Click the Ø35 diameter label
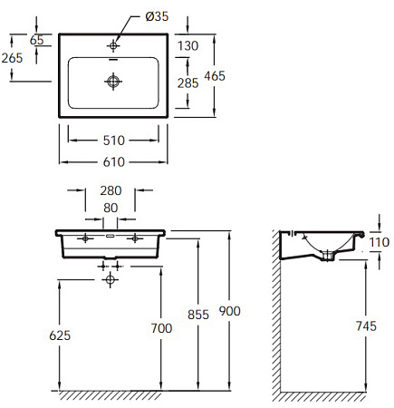click(x=157, y=15)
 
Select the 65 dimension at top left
click(x=37, y=40)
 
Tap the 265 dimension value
click(x=13, y=58)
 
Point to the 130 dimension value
click(x=188, y=46)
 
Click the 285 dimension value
click(x=188, y=83)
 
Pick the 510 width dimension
click(x=113, y=141)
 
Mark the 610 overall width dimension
click(x=113, y=161)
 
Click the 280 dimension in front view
click(x=111, y=190)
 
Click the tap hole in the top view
click(x=113, y=43)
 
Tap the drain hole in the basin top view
click(x=113, y=82)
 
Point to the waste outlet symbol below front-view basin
click(x=111, y=281)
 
